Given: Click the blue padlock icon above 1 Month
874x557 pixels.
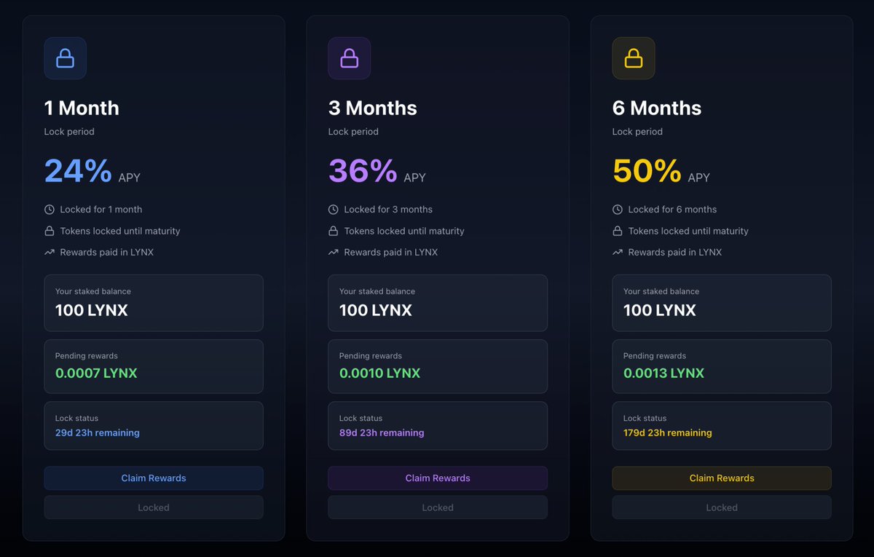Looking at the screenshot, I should click(x=66, y=58).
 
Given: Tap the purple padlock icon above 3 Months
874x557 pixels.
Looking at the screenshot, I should click(x=350, y=58).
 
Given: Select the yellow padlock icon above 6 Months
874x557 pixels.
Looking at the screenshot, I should click(x=634, y=58).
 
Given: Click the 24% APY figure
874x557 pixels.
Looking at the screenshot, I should click(x=78, y=171).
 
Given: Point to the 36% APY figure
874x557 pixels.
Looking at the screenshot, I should click(x=362, y=171).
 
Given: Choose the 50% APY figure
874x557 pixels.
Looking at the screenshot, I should click(x=646, y=171).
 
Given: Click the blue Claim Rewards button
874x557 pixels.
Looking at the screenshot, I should click(x=154, y=478).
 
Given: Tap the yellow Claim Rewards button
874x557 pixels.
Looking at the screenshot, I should click(x=722, y=478).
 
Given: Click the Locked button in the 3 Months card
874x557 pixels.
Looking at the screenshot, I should click(x=438, y=507).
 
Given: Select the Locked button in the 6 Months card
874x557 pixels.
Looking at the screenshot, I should click(x=722, y=507).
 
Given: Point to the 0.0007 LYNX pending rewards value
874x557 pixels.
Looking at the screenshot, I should click(x=96, y=374).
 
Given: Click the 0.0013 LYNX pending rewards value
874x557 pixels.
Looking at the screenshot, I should click(x=664, y=374).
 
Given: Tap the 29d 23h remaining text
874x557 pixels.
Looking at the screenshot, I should click(x=98, y=432).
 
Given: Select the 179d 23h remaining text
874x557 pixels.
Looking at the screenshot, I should click(x=668, y=432).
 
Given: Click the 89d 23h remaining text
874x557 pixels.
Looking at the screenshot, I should click(x=382, y=432).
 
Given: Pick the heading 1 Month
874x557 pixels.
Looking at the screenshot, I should click(x=82, y=108).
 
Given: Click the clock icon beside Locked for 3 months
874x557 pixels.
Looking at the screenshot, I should click(x=334, y=210).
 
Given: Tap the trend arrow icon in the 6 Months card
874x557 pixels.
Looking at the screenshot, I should click(x=618, y=253).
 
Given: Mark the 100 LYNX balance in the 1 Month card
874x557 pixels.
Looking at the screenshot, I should click(x=92, y=310).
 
